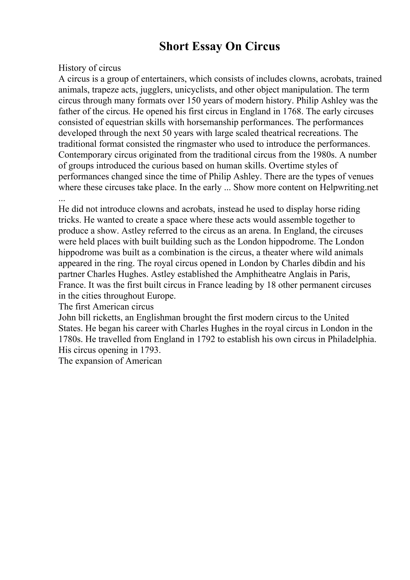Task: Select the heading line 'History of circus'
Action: [x=90, y=68]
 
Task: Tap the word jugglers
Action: [x=155, y=90]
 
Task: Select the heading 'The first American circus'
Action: [x=106, y=307]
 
